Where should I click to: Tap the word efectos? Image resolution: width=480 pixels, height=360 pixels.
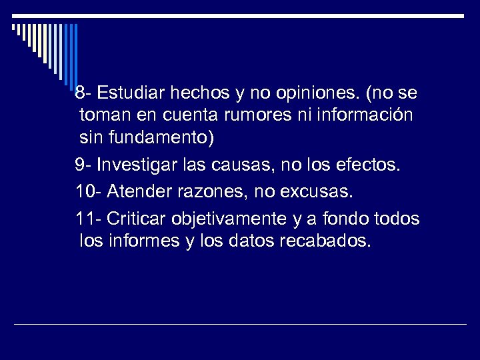pyautogui.click(x=370, y=165)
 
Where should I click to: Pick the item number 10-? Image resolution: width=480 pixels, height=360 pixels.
pyautogui.click(x=88, y=192)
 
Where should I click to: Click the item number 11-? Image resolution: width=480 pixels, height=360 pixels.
pyautogui.click(x=87, y=219)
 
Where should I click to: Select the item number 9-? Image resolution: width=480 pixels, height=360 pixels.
pyautogui.click(x=83, y=165)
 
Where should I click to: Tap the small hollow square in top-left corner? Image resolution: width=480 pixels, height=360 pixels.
pyautogui.click(x=14, y=27)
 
